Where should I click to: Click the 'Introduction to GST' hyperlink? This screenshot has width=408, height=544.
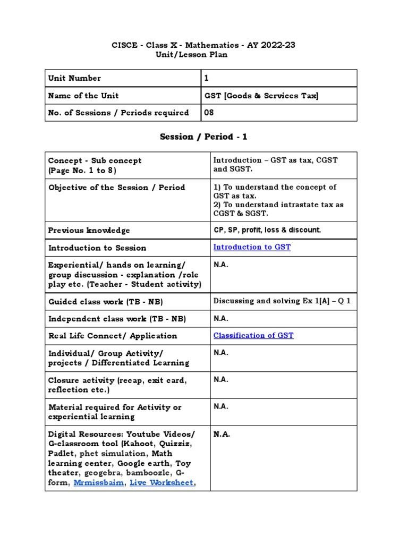252,248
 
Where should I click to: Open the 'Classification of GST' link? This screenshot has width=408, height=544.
253,336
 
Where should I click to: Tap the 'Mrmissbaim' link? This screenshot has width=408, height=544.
98,483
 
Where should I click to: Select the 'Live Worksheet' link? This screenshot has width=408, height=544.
161,483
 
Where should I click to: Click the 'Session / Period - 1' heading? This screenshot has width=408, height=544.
203,137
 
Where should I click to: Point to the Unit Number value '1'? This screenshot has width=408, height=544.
207,78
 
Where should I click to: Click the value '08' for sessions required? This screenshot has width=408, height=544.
209,113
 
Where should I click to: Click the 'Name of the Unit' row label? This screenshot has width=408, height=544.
83,96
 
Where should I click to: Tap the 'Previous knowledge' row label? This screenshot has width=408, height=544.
89,231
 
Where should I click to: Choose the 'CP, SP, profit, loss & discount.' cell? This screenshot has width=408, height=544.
267,230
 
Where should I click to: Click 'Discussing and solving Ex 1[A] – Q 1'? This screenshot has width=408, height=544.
282,301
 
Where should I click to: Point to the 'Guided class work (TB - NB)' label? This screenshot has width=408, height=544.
105,302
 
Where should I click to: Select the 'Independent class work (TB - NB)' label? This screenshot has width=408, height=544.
117,319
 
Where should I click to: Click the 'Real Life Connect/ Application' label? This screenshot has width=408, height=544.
113,336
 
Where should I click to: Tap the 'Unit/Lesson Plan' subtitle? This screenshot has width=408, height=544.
203,55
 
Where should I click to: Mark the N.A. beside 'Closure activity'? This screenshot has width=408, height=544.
221,380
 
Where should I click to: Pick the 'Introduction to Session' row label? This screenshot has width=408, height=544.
97,248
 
